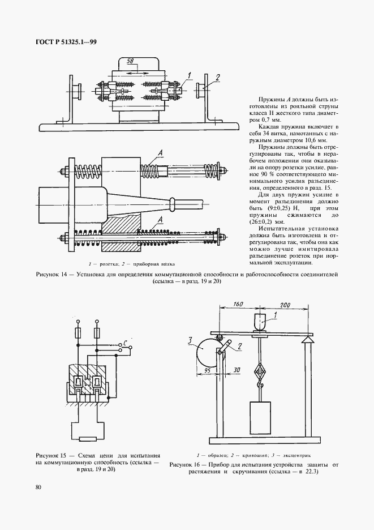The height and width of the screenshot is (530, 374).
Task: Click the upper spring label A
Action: pos(161,152)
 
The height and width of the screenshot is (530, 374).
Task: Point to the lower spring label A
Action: pos(161,219)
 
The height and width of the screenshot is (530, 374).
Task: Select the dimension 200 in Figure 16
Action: pos(286,305)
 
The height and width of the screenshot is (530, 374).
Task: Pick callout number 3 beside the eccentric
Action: pos(191,341)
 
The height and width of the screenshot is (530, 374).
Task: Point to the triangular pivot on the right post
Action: pos(308,340)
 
